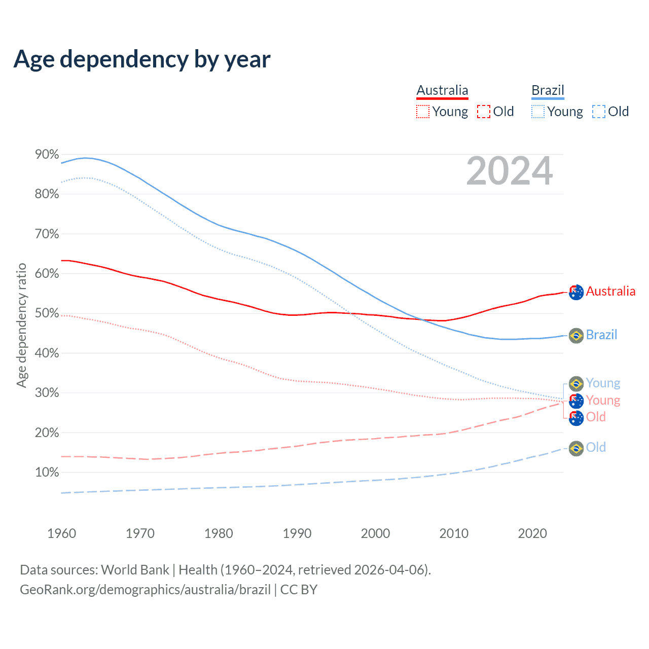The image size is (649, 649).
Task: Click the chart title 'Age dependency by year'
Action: point(142,59)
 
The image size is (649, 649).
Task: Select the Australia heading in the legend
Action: point(442,90)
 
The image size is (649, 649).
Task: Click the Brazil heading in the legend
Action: point(548,90)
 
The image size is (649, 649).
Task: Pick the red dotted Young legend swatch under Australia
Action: point(422,112)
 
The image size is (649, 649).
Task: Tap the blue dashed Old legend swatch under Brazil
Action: point(599,112)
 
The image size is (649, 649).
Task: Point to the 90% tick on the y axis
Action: point(47,154)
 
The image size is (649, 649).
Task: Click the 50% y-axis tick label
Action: point(47,313)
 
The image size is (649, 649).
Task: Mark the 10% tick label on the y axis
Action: point(47,473)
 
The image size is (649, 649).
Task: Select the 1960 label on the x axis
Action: point(61,533)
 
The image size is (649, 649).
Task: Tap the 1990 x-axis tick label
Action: point(297,533)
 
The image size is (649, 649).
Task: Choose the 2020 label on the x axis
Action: point(532,533)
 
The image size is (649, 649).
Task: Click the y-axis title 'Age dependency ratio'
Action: point(21,324)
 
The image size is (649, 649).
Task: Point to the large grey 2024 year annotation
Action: point(509,171)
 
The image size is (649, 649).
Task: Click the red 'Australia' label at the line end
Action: point(610,291)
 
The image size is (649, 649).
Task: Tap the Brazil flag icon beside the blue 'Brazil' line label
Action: point(576,335)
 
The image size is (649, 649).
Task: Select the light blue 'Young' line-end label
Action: point(603,383)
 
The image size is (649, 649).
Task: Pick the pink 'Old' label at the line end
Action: point(596,417)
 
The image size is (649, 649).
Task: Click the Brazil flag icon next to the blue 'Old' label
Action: point(576,448)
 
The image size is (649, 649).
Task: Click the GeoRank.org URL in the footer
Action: point(145,590)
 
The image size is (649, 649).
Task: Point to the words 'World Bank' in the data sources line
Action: point(135,570)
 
